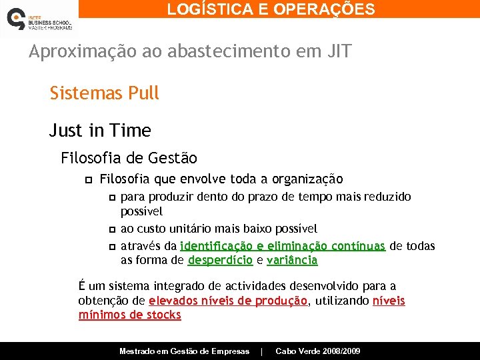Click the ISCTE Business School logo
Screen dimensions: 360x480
coord(38,19)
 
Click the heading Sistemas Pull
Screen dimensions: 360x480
coord(105,93)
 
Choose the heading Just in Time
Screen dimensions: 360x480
coord(100,131)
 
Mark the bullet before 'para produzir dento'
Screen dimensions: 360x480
coord(111,198)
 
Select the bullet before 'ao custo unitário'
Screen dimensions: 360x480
coord(111,229)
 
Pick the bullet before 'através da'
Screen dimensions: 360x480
coord(111,246)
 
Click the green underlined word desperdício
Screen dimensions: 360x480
coord(220,261)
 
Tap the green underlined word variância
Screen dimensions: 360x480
coord(292,261)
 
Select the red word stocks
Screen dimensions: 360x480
coord(164,315)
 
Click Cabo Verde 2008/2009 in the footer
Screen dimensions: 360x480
coord(318,351)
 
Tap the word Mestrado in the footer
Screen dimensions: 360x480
coord(139,351)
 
